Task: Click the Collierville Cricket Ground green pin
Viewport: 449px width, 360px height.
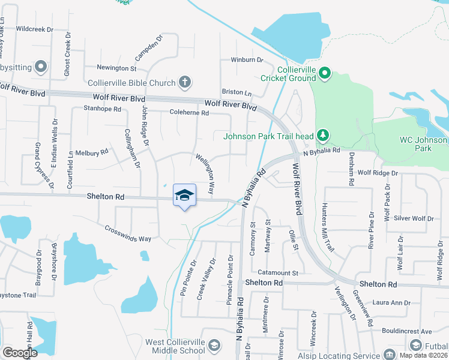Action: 325,73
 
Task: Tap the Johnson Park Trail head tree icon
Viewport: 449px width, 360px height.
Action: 324,134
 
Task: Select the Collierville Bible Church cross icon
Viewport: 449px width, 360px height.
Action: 185,82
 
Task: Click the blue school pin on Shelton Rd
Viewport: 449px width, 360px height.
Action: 185,196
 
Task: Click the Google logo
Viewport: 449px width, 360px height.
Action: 20,353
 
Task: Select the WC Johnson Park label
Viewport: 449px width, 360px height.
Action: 424,144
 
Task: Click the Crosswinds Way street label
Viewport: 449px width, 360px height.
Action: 128,233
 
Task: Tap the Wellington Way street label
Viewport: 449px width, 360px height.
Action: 203,173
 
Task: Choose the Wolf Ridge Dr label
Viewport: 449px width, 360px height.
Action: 378,173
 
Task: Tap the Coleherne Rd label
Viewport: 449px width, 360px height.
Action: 188,112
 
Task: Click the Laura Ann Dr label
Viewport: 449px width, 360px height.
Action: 391,303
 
